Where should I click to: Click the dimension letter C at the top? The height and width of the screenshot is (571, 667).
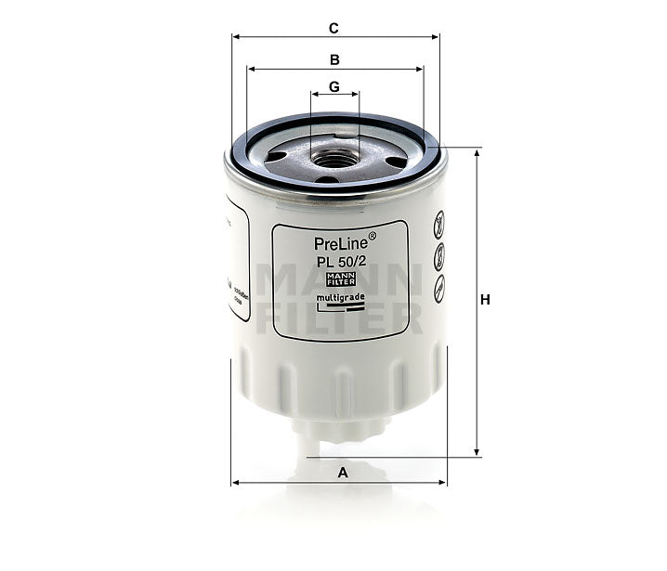click(333, 28)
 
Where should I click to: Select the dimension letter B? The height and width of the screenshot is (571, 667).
click(334, 59)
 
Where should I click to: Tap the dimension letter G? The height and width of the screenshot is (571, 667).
click(334, 86)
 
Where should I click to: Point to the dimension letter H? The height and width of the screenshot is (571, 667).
click(485, 300)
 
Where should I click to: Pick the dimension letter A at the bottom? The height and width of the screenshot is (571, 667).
click(343, 473)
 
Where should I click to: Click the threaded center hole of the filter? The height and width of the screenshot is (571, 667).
click(333, 158)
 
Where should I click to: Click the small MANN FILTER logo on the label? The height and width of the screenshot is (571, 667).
click(340, 279)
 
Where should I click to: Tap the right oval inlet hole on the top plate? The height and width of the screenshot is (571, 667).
click(396, 162)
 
